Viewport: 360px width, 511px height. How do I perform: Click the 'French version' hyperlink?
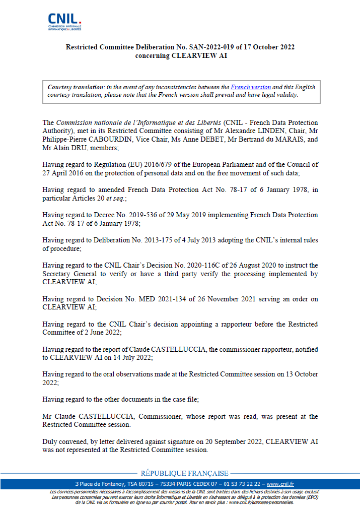tap(251, 87)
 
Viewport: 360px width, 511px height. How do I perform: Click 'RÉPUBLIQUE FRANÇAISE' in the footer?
tap(184, 473)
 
